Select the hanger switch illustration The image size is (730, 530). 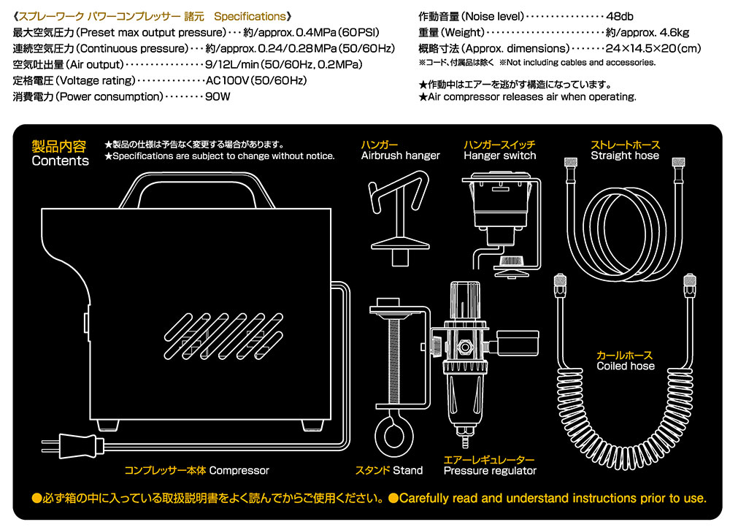pyautogui.click(x=502, y=219)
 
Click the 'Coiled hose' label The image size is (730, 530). pyautogui.click(x=626, y=366)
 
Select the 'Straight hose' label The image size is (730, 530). pyautogui.click(x=625, y=155)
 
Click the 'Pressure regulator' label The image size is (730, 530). pyautogui.click(x=490, y=471)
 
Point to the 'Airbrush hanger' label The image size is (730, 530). pyautogui.click(x=401, y=155)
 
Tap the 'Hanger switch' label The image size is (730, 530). pyautogui.click(x=499, y=155)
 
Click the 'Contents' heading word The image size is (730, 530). pyautogui.click(x=61, y=161)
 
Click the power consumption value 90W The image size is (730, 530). pyautogui.click(x=218, y=96)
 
